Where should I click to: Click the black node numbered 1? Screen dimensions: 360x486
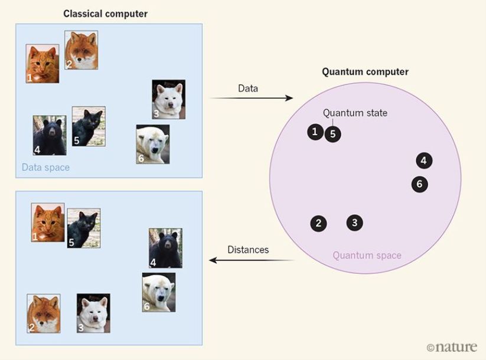pos(315,132)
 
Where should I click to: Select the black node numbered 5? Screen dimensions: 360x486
pos(332,135)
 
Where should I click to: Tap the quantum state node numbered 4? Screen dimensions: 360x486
pos(424,160)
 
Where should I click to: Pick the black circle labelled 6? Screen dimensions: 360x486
pos(419,184)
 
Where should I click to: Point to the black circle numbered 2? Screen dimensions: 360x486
pos(318,223)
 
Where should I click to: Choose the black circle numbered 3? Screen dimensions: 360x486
pos(354,222)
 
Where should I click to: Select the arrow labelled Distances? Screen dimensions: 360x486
pos(251,260)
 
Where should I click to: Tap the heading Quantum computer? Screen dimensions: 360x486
pos(365,72)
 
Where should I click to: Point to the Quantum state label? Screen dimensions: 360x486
pos(355,113)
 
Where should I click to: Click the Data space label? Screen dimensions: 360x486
pos(45,168)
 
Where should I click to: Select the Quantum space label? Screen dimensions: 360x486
pos(367,256)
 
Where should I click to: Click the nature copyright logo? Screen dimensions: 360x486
pos(451,347)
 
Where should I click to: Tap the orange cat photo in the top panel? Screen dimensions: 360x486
pos(43,64)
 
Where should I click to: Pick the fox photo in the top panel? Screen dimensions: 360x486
pos(81,50)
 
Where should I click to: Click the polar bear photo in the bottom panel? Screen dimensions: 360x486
pos(158,292)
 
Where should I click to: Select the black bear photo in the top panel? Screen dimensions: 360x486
pos(50,135)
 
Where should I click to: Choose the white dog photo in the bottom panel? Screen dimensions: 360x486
pos(93,313)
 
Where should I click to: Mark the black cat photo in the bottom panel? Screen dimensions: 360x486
pos(83,227)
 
